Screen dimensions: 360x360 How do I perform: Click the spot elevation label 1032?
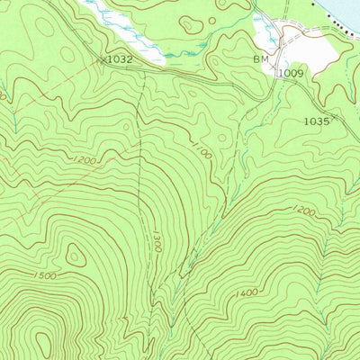(x=120, y=58)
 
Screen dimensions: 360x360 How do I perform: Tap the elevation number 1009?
(x=291, y=72)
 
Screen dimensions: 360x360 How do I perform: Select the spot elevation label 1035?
(x=316, y=120)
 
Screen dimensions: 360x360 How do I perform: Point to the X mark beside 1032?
(x=101, y=58)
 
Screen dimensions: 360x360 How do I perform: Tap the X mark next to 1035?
(x=336, y=117)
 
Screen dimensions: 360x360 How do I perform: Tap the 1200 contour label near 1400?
(x=302, y=211)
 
